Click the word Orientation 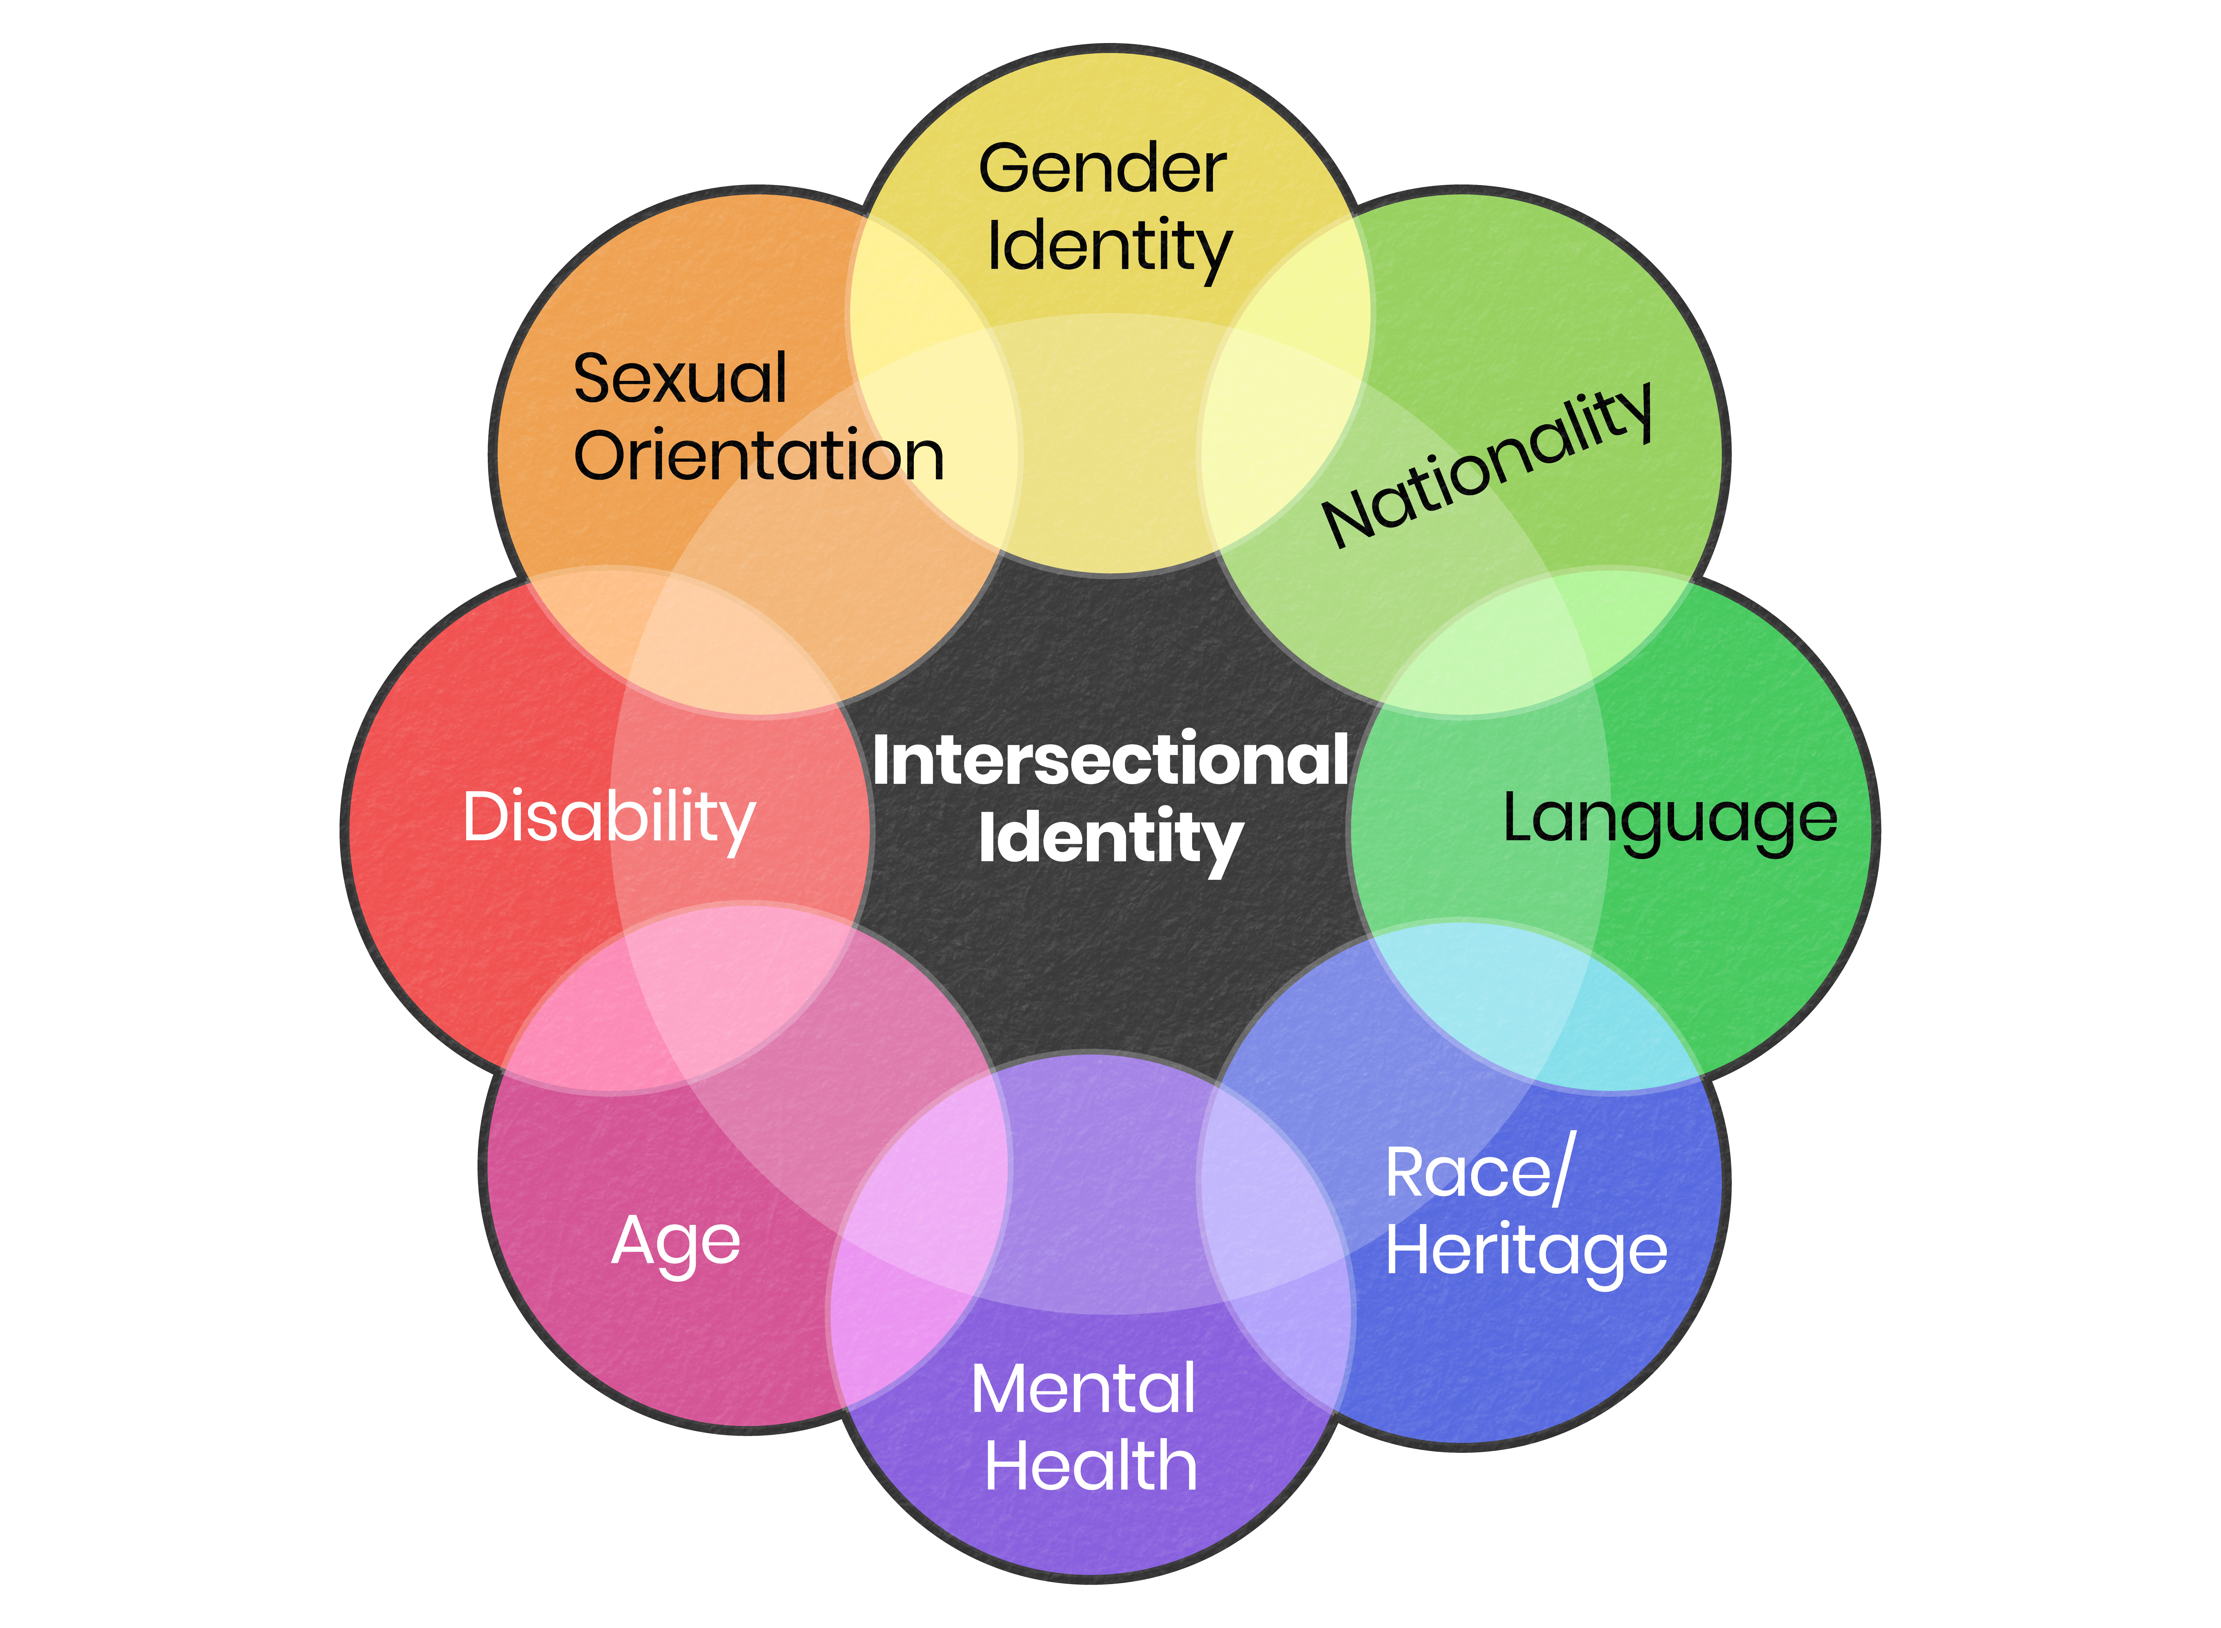coord(759,456)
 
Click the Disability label coord(609,818)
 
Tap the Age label coord(676,1242)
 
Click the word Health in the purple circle coord(1091,1466)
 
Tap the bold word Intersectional coord(1110,761)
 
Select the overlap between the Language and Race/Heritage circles coord(1537,1005)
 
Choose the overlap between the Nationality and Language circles coord(1537,640)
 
